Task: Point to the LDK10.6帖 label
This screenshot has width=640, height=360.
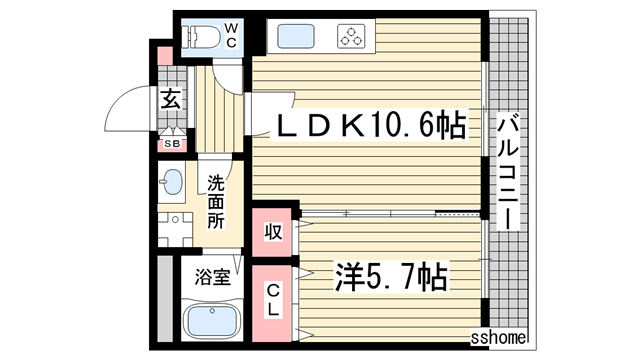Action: tap(370, 126)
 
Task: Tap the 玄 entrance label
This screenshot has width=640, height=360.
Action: tap(171, 99)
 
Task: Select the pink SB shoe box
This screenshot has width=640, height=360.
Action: tap(172, 144)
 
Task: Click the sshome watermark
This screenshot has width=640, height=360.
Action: tap(497, 339)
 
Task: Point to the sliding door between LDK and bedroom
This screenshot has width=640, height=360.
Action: tap(390, 212)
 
